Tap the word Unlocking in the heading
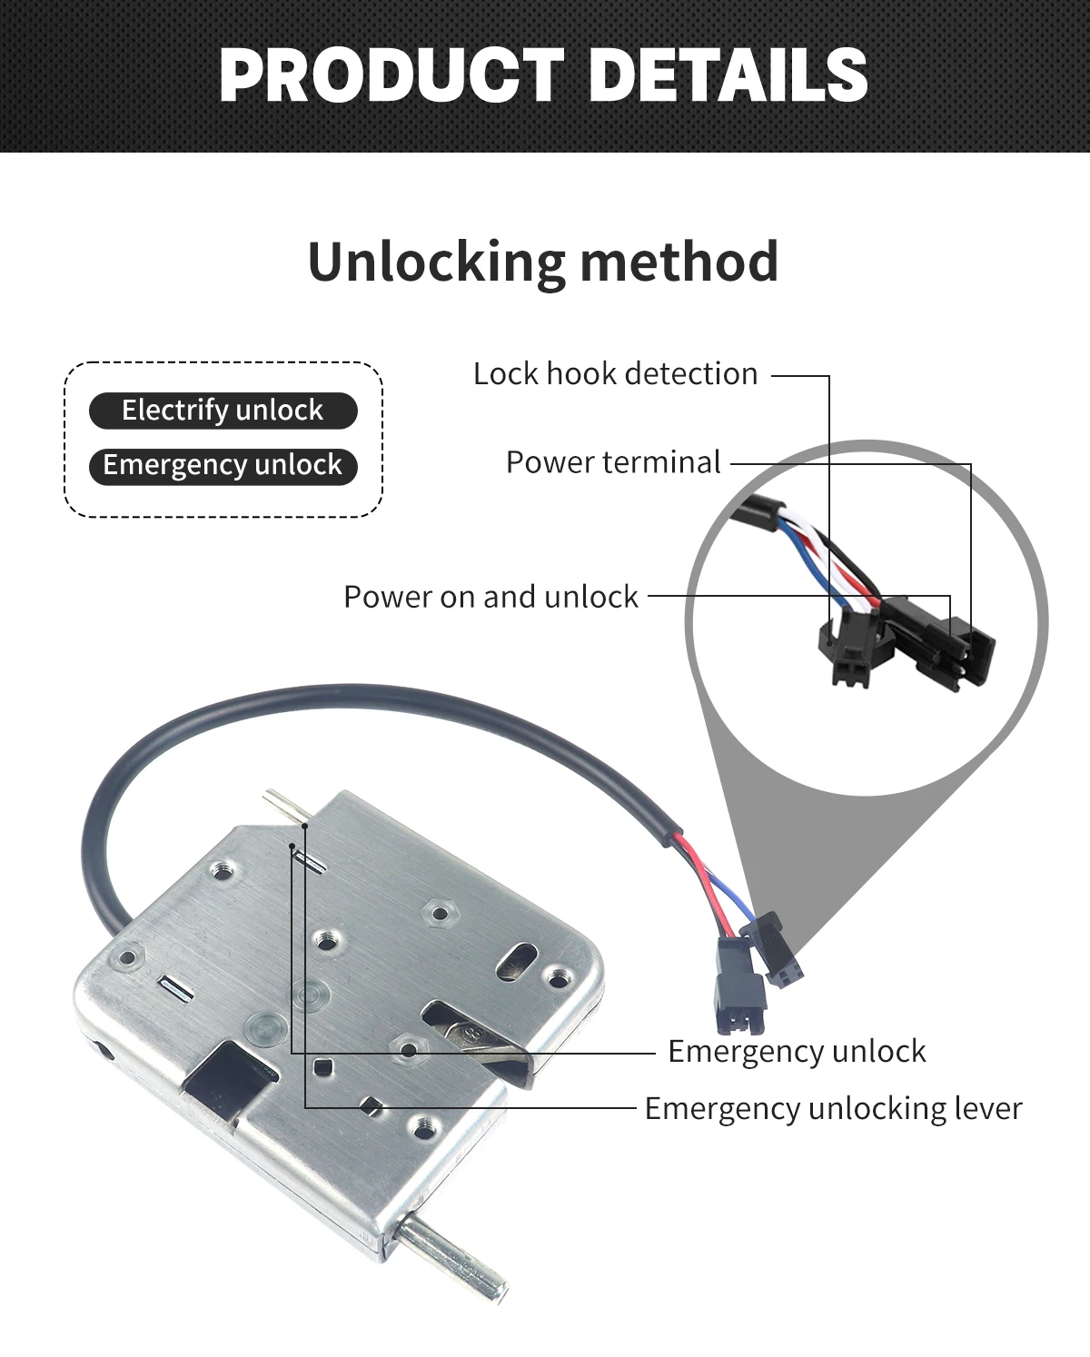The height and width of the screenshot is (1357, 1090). (x=437, y=262)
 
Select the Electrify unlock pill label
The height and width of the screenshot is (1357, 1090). (x=223, y=411)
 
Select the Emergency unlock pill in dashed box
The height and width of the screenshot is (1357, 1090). (x=223, y=466)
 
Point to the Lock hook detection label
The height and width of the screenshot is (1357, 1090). (x=615, y=374)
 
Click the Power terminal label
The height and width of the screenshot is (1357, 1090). (x=613, y=462)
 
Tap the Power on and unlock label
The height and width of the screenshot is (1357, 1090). (x=490, y=597)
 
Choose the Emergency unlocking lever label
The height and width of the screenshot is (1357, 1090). (x=833, y=1109)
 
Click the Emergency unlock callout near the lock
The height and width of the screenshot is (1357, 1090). (x=797, y=1052)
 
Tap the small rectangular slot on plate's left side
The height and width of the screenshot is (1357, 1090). (x=173, y=988)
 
